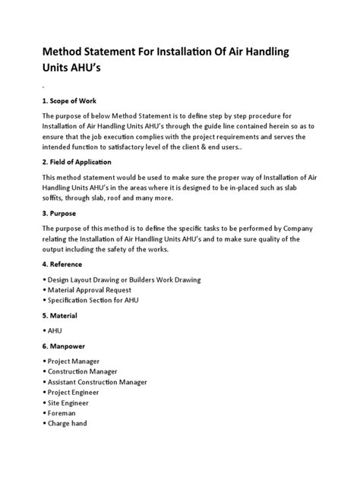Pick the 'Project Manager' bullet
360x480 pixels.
(77, 362)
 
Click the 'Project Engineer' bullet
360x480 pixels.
(77, 393)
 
